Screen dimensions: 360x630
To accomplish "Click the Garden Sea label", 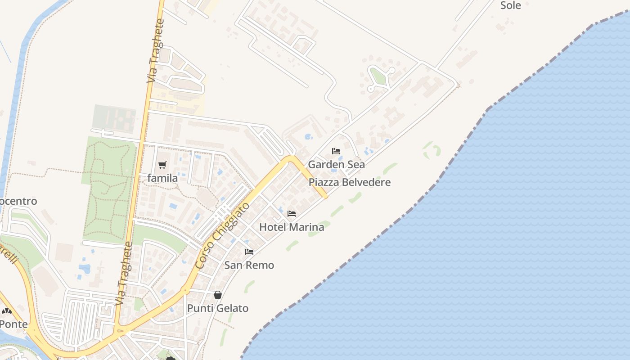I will click(336, 164).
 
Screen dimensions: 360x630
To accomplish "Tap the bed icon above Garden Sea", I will click(336, 151).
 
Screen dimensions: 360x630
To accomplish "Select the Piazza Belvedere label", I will click(350, 182).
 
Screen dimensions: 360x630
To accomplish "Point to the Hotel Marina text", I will click(292, 227).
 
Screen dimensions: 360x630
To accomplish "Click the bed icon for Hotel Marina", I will click(292, 214).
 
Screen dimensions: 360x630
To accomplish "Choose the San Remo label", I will click(249, 265).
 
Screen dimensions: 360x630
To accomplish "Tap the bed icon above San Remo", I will click(249, 252).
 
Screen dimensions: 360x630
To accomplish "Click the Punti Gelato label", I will click(218, 308).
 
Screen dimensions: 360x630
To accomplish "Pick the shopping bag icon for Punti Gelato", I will click(218, 295).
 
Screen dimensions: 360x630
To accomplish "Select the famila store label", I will click(162, 178).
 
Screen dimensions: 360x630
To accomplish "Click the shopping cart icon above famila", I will click(162, 165).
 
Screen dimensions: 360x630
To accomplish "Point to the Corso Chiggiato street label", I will click(223, 236).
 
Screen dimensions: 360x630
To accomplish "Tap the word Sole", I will click(511, 5).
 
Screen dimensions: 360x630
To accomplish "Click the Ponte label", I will click(13, 324).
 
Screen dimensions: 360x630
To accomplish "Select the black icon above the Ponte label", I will click(6, 310).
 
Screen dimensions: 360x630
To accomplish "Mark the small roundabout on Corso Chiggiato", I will click(184, 290).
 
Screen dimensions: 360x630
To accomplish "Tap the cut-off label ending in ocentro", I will click(18, 201).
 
